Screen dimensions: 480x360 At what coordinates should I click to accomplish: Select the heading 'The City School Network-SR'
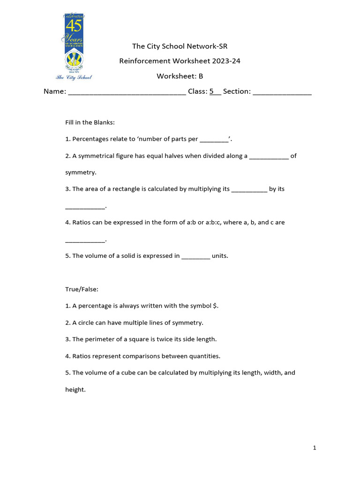click(180, 46)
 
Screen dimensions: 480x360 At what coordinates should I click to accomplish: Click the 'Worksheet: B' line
click(180, 76)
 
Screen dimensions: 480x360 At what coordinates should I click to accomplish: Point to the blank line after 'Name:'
click(127, 92)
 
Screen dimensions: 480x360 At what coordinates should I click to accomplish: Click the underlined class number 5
click(211, 91)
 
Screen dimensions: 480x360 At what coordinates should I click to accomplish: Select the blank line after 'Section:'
click(282, 92)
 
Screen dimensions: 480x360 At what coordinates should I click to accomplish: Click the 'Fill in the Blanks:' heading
click(90, 122)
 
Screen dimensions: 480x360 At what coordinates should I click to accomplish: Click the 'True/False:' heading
click(82, 289)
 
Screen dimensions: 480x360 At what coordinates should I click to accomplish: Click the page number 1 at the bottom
click(315, 448)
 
